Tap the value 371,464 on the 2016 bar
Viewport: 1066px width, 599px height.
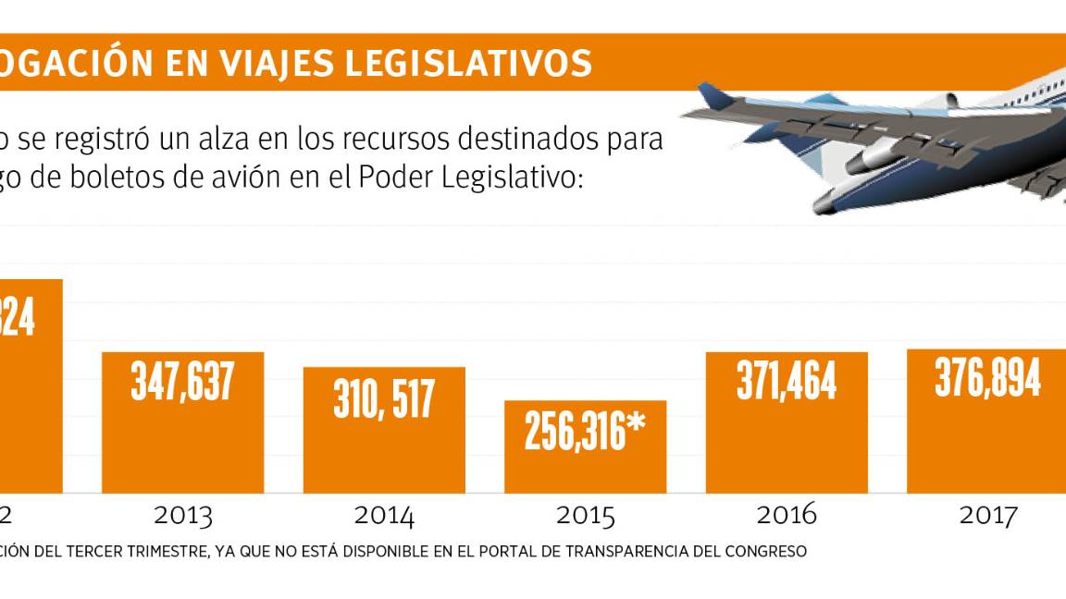(x=787, y=380)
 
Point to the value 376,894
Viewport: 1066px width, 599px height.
(x=987, y=377)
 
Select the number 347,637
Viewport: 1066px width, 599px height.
(x=182, y=381)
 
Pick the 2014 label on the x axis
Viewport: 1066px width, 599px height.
(x=384, y=516)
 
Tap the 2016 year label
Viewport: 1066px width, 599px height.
(x=787, y=516)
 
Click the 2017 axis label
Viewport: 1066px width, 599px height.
(x=987, y=516)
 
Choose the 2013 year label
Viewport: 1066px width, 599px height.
(x=182, y=516)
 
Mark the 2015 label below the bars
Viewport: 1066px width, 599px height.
(x=585, y=516)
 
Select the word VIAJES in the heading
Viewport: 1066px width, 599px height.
(x=268, y=63)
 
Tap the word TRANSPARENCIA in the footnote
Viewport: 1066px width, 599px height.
(x=633, y=552)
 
